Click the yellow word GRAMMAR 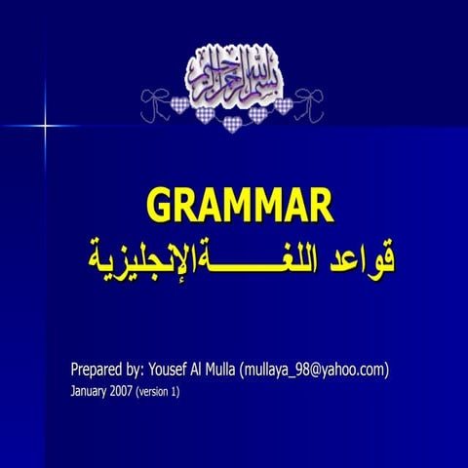click(239, 206)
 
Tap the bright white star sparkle click(45, 125)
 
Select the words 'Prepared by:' click(106, 370)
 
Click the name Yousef click(172, 370)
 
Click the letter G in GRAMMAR click(162, 206)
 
